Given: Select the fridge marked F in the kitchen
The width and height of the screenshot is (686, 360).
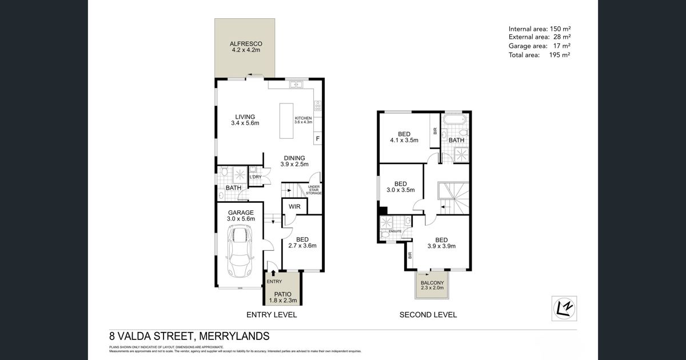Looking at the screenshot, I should (x=317, y=139).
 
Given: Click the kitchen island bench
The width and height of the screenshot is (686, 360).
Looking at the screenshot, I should (x=289, y=120).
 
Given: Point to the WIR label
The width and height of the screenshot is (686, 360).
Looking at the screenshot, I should (x=295, y=206).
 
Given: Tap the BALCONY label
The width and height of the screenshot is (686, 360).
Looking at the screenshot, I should (x=433, y=283).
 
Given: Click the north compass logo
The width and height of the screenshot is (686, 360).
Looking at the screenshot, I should (x=565, y=307).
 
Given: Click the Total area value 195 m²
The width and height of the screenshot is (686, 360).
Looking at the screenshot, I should (x=561, y=55).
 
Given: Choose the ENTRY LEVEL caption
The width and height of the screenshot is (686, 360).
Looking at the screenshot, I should (x=271, y=315).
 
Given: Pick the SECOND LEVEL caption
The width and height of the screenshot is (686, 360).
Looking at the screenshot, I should (x=428, y=315).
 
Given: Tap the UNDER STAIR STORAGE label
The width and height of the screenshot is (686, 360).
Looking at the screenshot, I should (x=314, y=190).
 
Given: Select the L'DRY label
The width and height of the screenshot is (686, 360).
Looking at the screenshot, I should (x=255, y=177).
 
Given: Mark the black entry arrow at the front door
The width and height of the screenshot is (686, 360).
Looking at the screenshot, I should (x=272, y=273).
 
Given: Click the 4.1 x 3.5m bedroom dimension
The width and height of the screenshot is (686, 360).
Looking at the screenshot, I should (x=405, y=140).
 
